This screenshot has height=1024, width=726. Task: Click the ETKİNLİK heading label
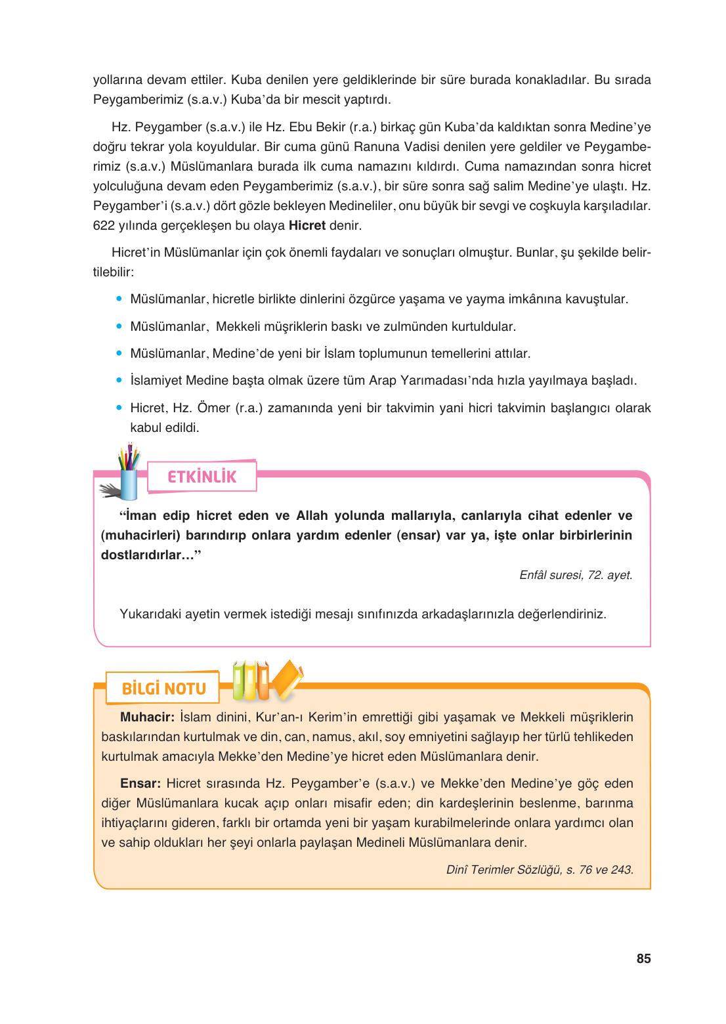click(x=202, y=477)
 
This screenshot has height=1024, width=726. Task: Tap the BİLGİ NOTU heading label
click(x=163, y=689)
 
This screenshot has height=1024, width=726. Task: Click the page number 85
click(x=643, y=958)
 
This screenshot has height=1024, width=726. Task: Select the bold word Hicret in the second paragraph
click(x=307, y=226)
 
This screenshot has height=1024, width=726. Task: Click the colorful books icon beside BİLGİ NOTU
click(x=266, y=680)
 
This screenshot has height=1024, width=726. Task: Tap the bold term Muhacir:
click(x=147, y=717)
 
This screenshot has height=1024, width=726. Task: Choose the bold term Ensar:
click(x=140, y=784)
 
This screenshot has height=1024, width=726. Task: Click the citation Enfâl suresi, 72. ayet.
click(x=576, y=575)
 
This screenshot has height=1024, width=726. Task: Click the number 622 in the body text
click(x=104, y=226)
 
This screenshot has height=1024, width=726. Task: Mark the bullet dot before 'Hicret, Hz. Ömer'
click(x=119, y=408)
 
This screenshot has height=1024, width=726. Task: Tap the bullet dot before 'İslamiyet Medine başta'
click(x=119, y=380)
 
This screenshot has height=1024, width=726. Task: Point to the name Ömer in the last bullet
click(x=213, y=408)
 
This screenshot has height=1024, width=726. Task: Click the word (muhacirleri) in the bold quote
click(x=140, y=536)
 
